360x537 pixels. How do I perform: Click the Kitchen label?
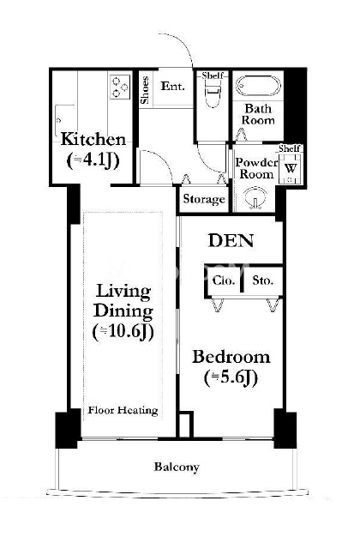tap(93, 140)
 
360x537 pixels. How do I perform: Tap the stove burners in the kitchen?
tap(120, 87)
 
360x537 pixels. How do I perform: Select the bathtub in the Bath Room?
tap(258, 86)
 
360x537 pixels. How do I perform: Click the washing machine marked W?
tap(291, 168)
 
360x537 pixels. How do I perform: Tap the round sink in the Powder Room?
tap(255, 197)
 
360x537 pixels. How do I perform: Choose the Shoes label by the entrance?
tap(145, 90)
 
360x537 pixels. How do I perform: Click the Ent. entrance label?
tap(173, 86)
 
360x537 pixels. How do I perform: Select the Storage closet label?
tap(204, 199)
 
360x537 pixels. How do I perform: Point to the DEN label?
tap(231, 240)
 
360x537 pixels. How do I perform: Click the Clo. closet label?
tap(224, 281)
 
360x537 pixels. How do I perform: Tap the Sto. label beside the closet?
tap(263, 281)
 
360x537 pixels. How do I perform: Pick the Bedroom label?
tap(231, 357)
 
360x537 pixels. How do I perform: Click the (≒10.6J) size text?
tap(123, 331)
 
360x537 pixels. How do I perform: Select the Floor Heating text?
tap(123, 410)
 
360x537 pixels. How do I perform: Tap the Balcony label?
tap(177, 467)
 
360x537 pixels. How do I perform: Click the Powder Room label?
tap(256, 168)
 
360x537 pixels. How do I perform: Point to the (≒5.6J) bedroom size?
tap(231, 377)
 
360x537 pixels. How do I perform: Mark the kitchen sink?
tap(65, 121)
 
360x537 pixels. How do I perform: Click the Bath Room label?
tap(258, 114)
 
